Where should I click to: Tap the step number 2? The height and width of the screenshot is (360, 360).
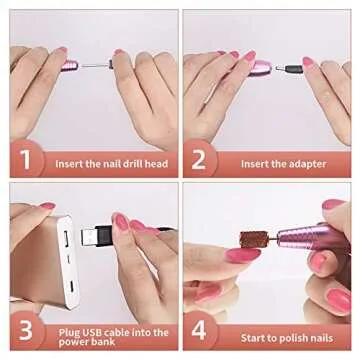click(x=200, y=161)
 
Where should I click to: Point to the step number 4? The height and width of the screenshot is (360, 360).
click(x=200, y=330)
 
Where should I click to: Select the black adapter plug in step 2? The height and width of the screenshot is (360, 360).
click(x=291, y=69)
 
